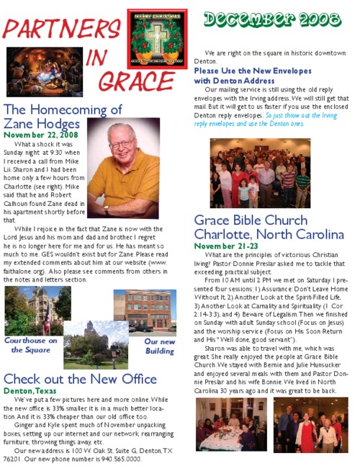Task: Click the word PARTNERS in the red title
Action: point(61,29)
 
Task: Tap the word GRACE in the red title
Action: point(138,81)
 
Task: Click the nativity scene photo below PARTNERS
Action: point(44,72)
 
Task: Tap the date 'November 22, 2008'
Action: point(41,135)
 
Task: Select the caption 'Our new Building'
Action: point(159,346)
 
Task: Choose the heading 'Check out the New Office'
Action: point(79,379)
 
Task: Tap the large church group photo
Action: point(260,173)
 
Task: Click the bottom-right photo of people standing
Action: point(310,424)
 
